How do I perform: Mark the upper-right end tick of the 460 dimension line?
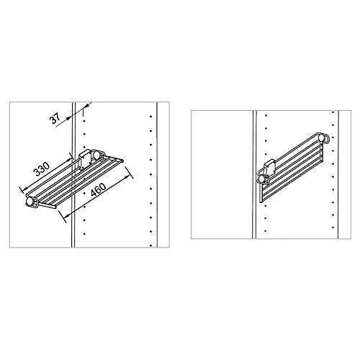pyautogui.click(x=130, y=169)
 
